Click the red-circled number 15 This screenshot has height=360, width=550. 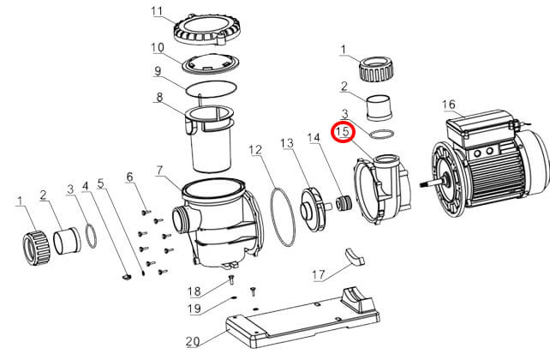click(343, 132)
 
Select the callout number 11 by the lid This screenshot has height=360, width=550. click(157, 11)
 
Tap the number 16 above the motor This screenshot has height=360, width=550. click(449, 105)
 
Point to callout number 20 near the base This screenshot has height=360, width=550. click(193, 341)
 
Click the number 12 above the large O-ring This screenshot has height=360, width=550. click(255, 150)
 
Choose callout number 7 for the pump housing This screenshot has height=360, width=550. click(159, 171)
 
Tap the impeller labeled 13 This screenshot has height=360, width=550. click(311, 209)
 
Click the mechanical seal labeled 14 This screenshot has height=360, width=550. click(343, 203)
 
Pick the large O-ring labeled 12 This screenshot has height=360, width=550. click(283, 218)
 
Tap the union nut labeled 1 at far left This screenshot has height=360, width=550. click(37, 248)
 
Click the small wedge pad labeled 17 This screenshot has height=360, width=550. click(355, 256)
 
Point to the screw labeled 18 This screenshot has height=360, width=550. click(231, 279)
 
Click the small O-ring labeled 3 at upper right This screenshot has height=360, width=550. click(382, 135)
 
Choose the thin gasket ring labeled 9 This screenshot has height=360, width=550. click(211, 89)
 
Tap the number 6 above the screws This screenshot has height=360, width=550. click(129, 177)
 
